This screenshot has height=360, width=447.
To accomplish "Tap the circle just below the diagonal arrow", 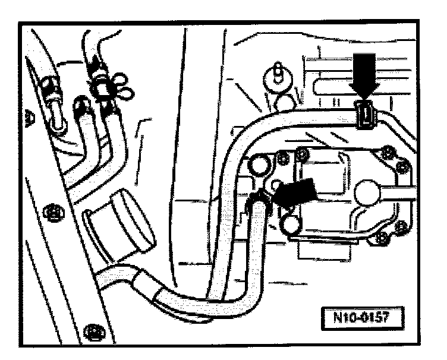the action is (x=292, y=223).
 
